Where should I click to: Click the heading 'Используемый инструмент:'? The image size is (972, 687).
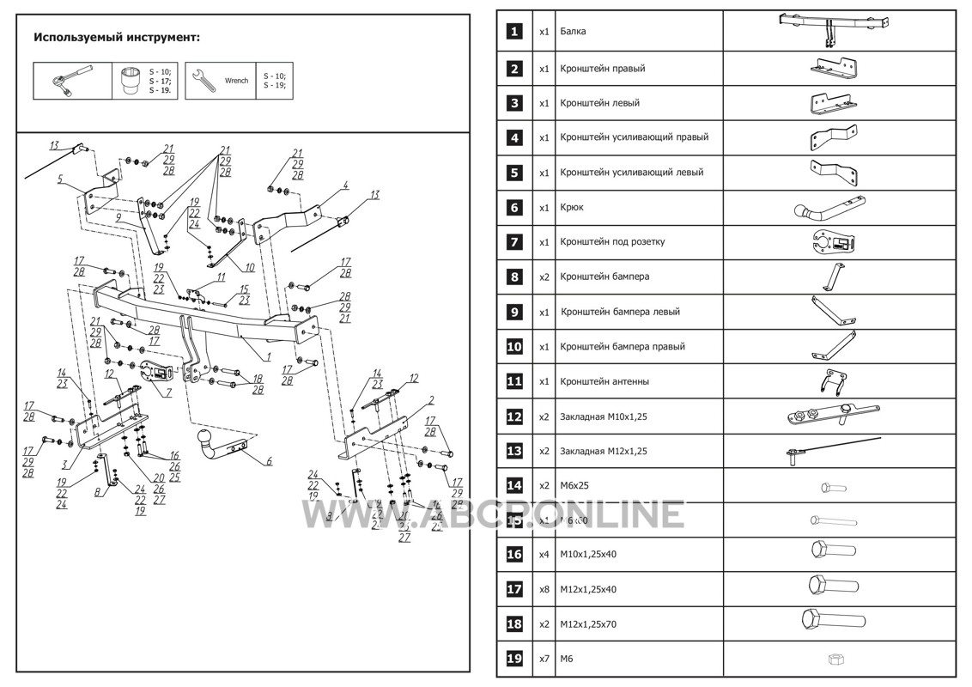[x=117, y=38]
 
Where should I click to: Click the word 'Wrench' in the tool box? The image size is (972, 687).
[x=236, y=81]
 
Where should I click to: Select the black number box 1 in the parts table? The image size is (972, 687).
[x=513, y=32]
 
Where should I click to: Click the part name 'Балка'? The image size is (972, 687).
[x=574, y=32]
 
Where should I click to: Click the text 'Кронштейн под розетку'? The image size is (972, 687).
[x=612, y=241]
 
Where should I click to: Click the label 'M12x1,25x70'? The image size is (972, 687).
[x=588, y=624]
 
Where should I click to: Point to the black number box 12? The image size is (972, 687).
[x=513, y=416]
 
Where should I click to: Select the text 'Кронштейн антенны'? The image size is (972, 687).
[x=604, y=380]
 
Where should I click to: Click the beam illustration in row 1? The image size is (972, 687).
[x=834, y=27]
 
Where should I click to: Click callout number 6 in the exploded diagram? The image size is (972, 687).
[x=269, y=461]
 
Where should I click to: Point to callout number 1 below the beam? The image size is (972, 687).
[x=268, y=354]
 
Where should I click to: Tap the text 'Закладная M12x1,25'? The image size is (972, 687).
[x=603, y=450]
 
